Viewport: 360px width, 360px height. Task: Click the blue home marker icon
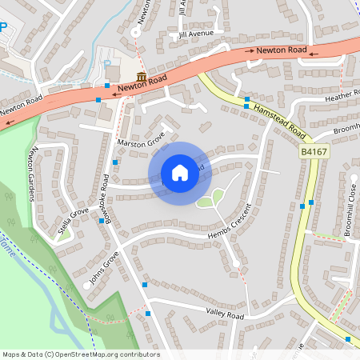(x=180, y=173)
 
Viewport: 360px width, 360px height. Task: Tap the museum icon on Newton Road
(x=142, y=77)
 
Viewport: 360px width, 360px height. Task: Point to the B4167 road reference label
(x=315, y=150)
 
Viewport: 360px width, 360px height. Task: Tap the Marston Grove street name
(x=141, y=142)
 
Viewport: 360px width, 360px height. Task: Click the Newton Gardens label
(x=34, y=175)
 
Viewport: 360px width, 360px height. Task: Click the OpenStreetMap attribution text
(x=81, y=354)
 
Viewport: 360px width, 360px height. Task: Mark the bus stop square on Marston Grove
(x=115, y=162)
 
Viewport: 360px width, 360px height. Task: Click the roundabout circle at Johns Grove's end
(x=86, y=286)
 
